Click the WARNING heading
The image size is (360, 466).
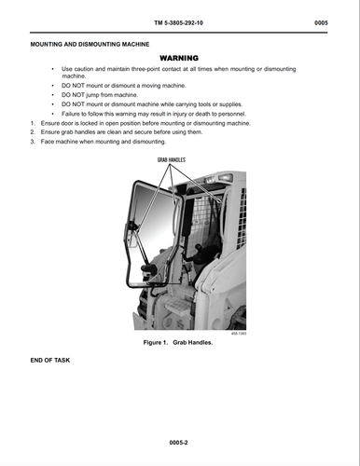click(x=180, y=57)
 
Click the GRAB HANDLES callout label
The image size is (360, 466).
click(x=164, y=160)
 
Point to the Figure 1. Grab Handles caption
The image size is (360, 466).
click(x=179, y=343)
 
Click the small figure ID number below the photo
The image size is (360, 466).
click(x=238, y=334)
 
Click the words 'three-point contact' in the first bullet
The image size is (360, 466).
click(x=168, y=69)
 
